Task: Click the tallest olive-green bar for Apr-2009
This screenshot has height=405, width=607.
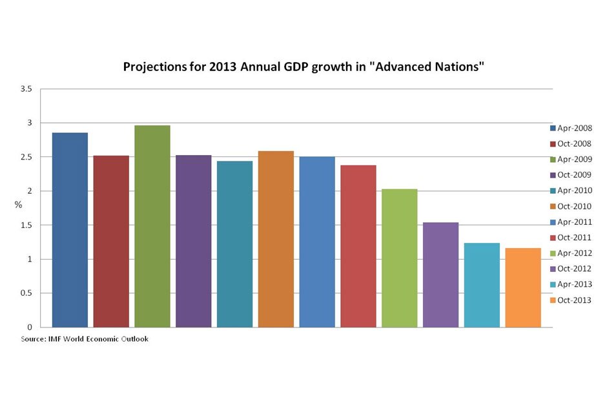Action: pos(152,226)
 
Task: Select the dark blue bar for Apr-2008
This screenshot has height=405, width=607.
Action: pos(70,230)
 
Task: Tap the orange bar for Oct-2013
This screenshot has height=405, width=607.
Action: pos(523,287)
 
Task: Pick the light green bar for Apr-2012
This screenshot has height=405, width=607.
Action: pos(399,258)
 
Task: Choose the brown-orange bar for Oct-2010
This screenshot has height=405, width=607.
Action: pos(276,239)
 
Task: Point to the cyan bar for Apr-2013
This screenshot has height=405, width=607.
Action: pos(482,285)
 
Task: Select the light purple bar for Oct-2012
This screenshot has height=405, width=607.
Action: pos(440,275)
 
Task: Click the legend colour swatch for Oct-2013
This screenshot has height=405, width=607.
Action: pos(553,300)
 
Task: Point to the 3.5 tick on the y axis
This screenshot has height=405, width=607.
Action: pos(26,88)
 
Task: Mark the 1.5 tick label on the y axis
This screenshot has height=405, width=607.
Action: pos(26,225)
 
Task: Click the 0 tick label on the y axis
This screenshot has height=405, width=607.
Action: pos(30,327)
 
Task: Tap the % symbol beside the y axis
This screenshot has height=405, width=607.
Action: pos(18,205)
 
